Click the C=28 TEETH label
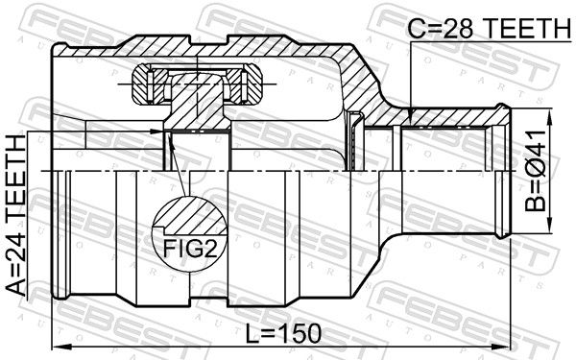click(x=490, y=28)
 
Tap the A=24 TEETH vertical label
click(x=16, y=216)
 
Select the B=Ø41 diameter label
click(x=536, y=171)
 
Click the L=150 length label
click(x=283, y=334)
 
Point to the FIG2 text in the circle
click(x=190, y=248)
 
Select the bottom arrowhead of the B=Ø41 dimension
click(x=550, y=224)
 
